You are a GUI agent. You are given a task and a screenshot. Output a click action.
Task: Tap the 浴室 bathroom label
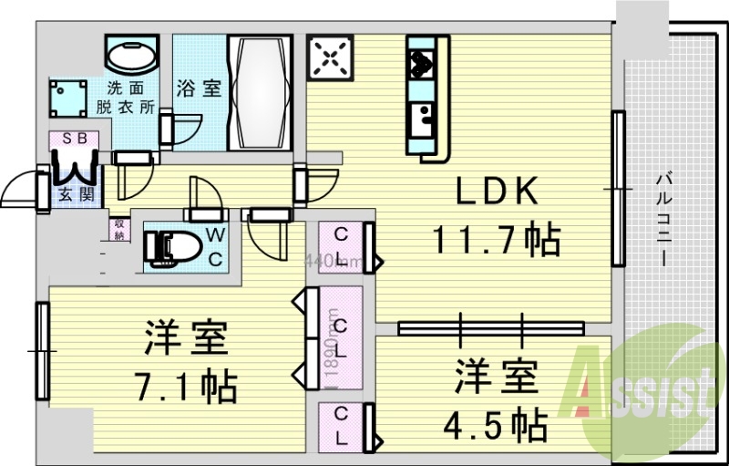199,88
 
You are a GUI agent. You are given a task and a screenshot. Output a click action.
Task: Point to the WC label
215,246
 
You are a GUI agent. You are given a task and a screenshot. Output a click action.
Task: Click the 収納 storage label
119,228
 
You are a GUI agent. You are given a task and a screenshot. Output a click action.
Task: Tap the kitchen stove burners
422,62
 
